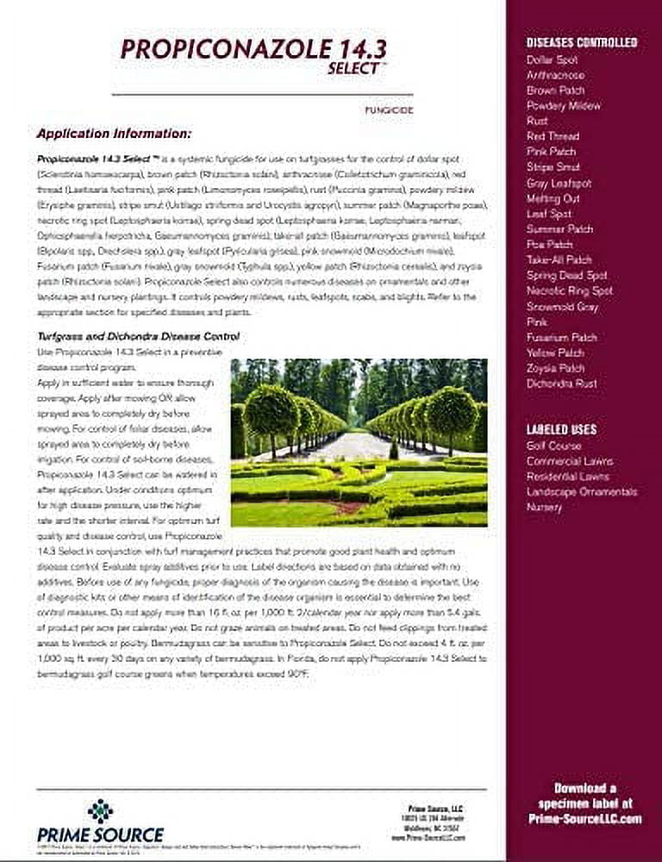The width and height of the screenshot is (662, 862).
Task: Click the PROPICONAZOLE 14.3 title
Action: click(x=266, y=49)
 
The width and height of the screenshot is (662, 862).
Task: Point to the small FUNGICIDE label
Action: click(x=390, y=109)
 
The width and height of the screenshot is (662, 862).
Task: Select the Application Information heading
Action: click(x=114, y=134)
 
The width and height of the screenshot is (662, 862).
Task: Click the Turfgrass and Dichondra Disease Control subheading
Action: click(x=138, y=336)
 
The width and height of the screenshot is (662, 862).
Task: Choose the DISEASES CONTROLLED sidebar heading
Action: click(x=582, y=42)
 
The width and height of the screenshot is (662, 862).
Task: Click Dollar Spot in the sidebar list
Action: click(x=552, y=60)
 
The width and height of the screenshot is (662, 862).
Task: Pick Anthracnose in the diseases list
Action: click(x=555, y=76)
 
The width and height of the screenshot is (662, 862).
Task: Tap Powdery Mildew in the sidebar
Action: click(x=564, y=106)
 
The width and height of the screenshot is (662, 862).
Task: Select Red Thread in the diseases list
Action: click(x=553, y=136)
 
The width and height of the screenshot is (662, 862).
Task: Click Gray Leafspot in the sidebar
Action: click(x=559, y=183)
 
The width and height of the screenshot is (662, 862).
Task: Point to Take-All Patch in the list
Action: click(x=559, y=259)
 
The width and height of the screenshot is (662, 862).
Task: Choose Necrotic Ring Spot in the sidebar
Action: click(x=569, y=291)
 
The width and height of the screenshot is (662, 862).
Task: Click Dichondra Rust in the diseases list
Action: click(x=561, y=384)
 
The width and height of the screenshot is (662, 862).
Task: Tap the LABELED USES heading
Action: click(x=561, y=429)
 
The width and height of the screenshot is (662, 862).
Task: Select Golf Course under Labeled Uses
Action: click(x=553, y=447)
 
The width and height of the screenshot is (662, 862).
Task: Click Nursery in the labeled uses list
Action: click(x=544, y=508)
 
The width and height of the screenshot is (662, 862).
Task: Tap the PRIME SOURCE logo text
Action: click(x=100, y=834)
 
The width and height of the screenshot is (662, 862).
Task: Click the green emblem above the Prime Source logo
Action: click(x=100, y=810)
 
